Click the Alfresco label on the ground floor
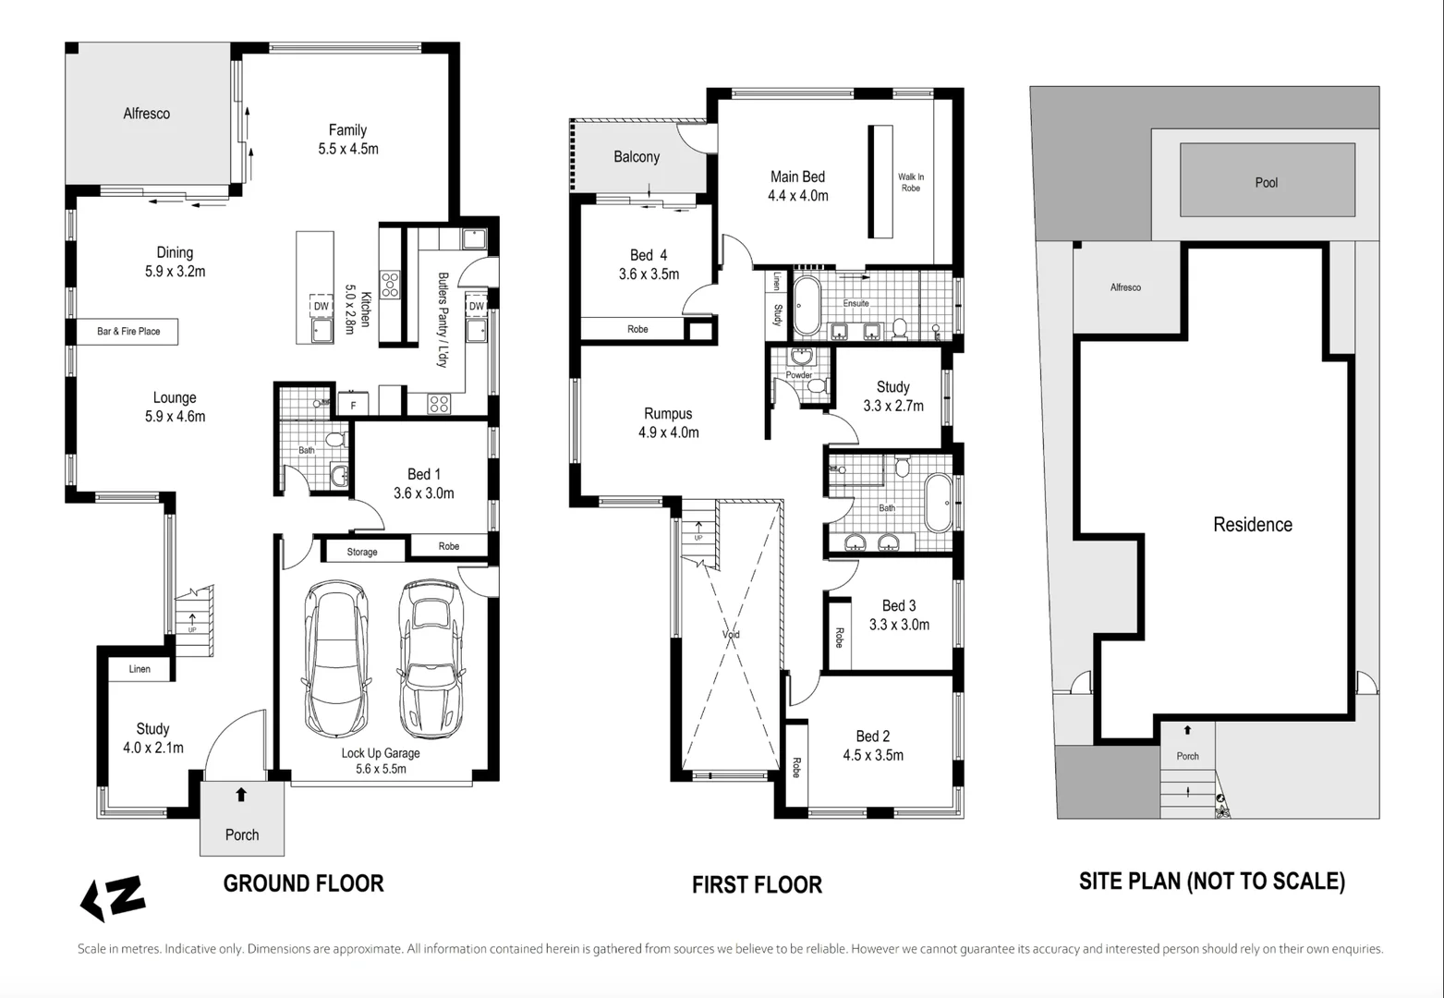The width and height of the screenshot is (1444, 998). click(147, 114)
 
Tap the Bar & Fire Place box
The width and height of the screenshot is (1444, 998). click(128, 331)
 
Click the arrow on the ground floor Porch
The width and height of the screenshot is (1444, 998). click(241, 795)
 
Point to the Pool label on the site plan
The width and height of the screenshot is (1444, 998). click(1266, 183)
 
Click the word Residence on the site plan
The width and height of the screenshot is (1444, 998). click(1252, 525)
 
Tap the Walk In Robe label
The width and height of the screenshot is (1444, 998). click(910, 182)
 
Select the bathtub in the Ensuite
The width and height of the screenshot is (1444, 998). click(807, 305)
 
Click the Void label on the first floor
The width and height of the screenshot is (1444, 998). click(731, 635)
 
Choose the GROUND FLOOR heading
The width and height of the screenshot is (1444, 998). click(303, 883)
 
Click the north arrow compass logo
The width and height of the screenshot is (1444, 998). click(113, 898)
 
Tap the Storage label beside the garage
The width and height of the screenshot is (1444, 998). click(361, 552)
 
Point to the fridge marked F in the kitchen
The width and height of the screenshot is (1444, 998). click(353, 406)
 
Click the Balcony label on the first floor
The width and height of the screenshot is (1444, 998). click(637, 157)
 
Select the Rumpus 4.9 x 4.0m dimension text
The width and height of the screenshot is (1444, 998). click(668, 432)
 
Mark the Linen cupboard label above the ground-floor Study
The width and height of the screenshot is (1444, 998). click(140, 669)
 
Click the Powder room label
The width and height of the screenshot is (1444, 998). click(798, 375)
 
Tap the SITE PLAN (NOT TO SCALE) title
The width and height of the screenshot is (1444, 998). click(1211, 882)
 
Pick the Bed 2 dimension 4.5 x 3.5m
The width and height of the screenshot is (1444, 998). click(872, 755)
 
